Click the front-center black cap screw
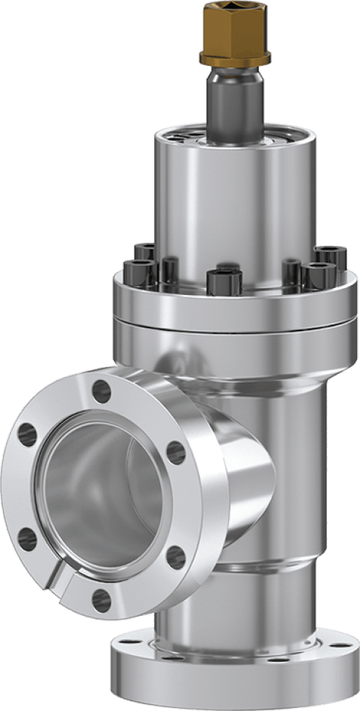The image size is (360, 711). pos(224,281)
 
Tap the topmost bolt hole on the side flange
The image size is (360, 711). pos(101,390)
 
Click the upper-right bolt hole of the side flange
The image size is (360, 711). pos(175,452)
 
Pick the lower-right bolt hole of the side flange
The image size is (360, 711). pos(176,557)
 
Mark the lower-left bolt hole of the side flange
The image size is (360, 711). pos(26,539)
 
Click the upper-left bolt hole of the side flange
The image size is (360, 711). pos(26,433)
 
